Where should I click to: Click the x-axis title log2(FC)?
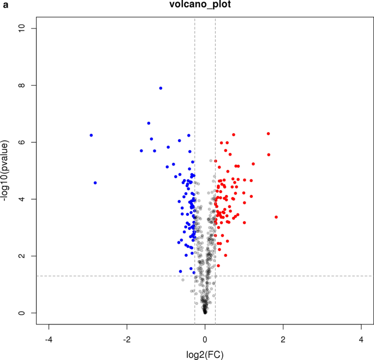(205, 354)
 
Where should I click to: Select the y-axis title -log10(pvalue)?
(7, 170)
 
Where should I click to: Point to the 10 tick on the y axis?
(24, 28)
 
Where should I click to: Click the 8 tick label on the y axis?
(24, 85)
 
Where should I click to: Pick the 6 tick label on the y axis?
(24, 142)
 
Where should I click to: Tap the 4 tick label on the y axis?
(24, 199)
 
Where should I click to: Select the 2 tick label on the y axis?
(24, 256)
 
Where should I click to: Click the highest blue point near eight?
(161, 88)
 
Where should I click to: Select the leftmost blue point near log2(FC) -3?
(91, 135)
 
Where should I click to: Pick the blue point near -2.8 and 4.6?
(95, 183)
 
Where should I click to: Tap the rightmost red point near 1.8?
(276, 217)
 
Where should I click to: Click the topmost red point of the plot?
(268, 133)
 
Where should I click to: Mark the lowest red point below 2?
(218, 265)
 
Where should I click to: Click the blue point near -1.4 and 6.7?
(149, 123)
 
